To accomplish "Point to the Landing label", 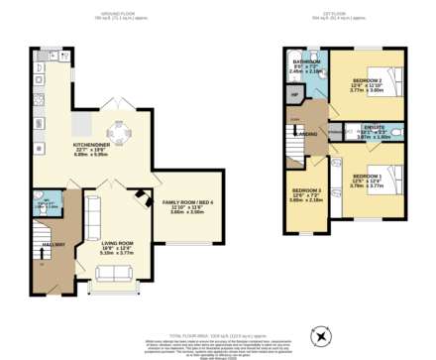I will pos(306,133).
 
